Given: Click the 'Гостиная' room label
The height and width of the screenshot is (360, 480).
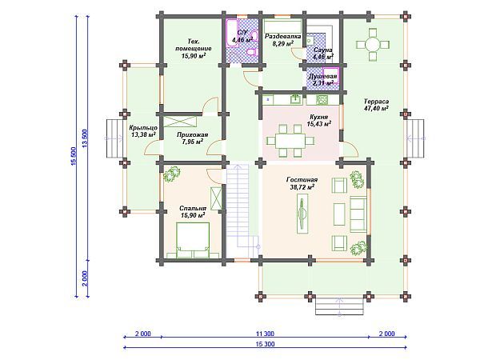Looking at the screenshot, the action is point(302,180).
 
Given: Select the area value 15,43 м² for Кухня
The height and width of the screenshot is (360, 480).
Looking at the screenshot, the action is point(319,124).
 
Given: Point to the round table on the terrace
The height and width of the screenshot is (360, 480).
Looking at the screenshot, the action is point(373,45).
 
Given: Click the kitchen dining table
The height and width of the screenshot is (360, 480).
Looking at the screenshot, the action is point(290,141).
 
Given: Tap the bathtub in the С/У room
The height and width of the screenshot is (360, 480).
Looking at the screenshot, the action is point(232,34).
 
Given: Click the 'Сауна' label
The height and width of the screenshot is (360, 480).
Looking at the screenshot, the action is point(322,50).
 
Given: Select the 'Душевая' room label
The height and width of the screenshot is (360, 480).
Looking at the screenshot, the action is point(322,77).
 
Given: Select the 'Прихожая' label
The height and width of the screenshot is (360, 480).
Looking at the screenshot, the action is point(193,135).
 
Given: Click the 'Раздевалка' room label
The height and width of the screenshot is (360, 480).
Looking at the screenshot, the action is point(283,37).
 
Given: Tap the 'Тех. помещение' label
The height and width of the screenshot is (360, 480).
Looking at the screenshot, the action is point(193,45).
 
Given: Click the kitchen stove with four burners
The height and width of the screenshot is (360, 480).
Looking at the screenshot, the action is point(322,99).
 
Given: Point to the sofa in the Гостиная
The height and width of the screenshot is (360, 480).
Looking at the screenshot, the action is point(358,214).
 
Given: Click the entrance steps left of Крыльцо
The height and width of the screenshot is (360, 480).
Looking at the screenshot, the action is point(114,138).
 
